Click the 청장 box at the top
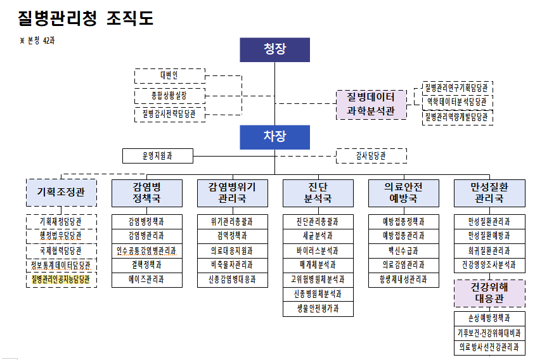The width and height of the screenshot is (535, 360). tap(274, 49)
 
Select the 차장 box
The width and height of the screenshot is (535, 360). tap(274, 137)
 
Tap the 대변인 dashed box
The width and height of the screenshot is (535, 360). tap(169, 76)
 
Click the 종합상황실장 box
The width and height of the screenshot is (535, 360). tap(169, 96)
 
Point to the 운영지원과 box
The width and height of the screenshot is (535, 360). tap(157, 155)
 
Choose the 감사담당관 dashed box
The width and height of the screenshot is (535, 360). tap(371, 155)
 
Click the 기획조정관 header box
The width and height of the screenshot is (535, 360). tap(61, 193)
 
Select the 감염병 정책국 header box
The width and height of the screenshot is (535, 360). tap(147, 193)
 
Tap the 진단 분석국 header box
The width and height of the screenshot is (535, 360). tap(318, 193)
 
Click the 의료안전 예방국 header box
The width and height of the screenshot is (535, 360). tap(403, 193)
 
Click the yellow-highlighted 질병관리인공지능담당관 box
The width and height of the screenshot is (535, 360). tap(61, 280)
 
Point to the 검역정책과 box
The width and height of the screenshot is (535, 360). tap(232, 236)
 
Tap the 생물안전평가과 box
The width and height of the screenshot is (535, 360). tap(318, 309)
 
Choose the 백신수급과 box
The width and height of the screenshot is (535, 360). tap(403, 250)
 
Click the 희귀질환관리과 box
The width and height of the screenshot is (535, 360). tap(489, 250)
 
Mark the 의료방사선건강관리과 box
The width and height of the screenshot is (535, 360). tap(489, 347)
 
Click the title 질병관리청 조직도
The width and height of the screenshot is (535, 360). tap(86, 18)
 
